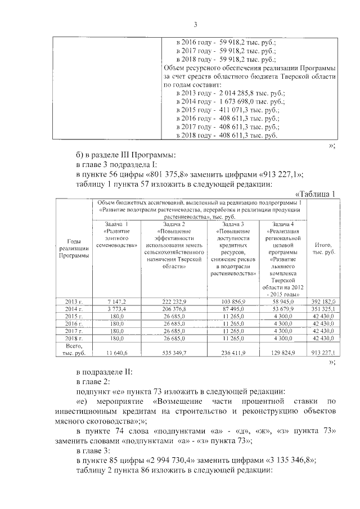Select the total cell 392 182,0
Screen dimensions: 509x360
[323, 302]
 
